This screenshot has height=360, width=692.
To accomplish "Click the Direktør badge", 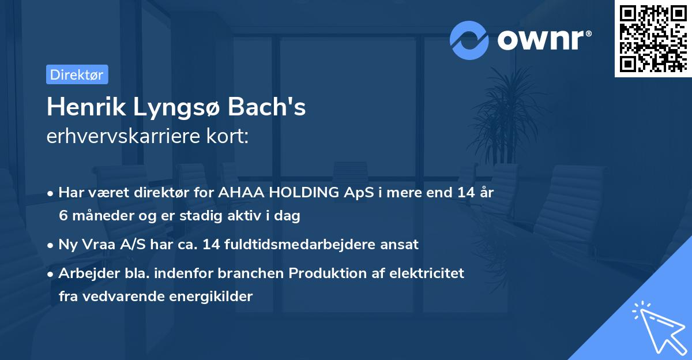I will tap(77, 74).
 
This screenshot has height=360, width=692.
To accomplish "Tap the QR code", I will tap(653, 39).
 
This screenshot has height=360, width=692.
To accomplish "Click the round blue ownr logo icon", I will tap(469, 40).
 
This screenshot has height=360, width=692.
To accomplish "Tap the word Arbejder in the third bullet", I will tap(83, 273).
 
